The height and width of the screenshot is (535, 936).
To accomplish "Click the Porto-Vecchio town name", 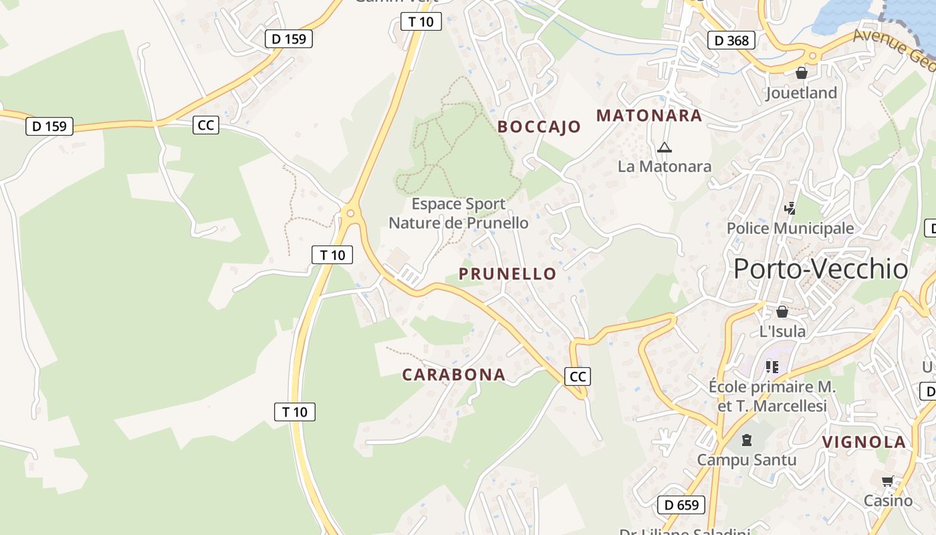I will coord(820,269).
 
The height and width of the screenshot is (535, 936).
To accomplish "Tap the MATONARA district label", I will coord(649,116).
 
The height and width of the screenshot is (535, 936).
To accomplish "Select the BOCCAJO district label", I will coord(539,127).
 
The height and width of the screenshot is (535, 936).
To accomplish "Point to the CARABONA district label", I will coord(453,374).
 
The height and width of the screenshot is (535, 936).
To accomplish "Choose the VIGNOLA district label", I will coord(864,442).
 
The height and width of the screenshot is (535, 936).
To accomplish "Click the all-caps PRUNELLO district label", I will coord(507,274).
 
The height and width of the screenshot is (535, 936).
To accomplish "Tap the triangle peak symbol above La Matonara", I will coord(664,147).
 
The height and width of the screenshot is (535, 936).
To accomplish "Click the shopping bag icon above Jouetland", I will coord(801,72).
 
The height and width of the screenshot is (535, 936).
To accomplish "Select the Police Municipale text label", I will coord(790,228).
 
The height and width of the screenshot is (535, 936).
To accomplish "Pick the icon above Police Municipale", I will coord(790,209).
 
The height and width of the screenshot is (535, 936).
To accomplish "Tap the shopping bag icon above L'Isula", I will coord(782,312).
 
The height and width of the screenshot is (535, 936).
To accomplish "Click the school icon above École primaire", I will coord(772,366).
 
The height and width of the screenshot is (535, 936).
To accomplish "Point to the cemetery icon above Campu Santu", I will coord(747,440).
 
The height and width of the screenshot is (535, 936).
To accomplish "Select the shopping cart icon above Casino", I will coord(888,481).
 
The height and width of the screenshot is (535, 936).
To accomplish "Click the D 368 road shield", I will coord(731,41).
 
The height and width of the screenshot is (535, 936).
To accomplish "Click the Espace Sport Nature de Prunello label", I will coord(459,213).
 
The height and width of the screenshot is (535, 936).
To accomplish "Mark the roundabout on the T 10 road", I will coord(350,213).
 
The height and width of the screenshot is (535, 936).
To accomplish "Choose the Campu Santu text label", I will coord(747,460).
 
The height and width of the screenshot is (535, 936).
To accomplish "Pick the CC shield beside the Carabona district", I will coord(578,377).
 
